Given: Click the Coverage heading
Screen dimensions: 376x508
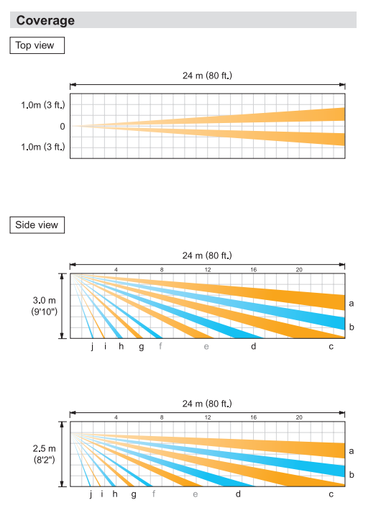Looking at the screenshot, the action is click(x=45, y=20).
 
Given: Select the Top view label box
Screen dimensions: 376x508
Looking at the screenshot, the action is click(x=37, y=45).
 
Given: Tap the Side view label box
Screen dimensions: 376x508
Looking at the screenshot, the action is click(x=37, y=224).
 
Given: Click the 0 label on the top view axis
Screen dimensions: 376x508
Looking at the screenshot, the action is click(x=63, y=127).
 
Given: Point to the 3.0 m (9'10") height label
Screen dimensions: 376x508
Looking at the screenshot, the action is click(x=45, y=306).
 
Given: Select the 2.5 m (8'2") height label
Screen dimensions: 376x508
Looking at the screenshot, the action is click(x=45, y=454).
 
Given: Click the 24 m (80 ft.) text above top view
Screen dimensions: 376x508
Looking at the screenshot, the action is click(x=207, y=76).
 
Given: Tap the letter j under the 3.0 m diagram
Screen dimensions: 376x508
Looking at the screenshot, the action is click(x=92, y=347).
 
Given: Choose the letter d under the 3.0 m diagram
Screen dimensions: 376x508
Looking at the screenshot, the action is click(x=253, y=346).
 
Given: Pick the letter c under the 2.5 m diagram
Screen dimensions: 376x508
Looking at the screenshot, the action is click(x=331, y=494).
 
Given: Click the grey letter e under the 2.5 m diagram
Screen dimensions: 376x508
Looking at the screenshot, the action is click(x=195, y=494).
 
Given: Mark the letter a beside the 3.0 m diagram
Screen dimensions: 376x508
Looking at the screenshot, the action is click(x=352, y=304).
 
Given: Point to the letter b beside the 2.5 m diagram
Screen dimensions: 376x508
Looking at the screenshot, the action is click(x=352, y=475).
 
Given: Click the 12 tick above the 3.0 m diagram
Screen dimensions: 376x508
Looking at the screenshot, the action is click(x=208, y=270).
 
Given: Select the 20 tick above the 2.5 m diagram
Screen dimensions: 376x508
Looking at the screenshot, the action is click(x=299, y=417).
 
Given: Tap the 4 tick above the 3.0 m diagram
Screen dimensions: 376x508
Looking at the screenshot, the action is click(x=116, y=270).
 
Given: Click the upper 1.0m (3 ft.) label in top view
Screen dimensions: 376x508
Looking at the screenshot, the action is click(x=43, y=105).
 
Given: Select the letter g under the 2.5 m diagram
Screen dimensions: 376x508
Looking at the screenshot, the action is click(x=134, y=495).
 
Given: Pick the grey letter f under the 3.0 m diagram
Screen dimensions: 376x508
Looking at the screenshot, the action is click(x=160, y=346).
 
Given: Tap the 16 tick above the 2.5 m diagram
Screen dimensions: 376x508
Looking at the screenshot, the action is click(x=253, y=417).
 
